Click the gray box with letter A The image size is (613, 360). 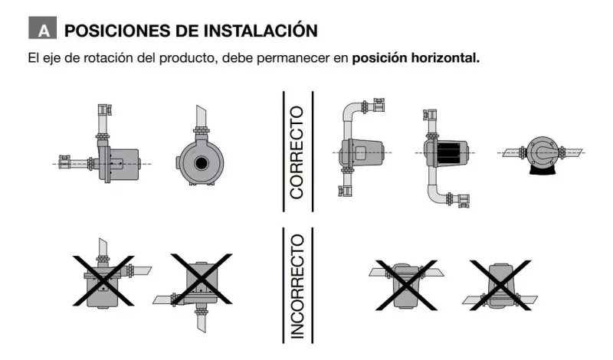(43, 28)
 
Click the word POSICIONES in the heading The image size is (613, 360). (117, 31)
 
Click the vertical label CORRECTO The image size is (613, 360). (297, 152)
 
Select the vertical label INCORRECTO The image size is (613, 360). (297, 286)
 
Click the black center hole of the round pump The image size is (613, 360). (202, 163)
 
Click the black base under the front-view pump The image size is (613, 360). (543, 169)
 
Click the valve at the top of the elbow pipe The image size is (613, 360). (378, 105)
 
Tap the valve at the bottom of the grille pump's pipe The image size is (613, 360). (464, 200)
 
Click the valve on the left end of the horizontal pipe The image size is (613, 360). (64, 162)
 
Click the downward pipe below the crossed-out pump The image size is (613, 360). (201, 321)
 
